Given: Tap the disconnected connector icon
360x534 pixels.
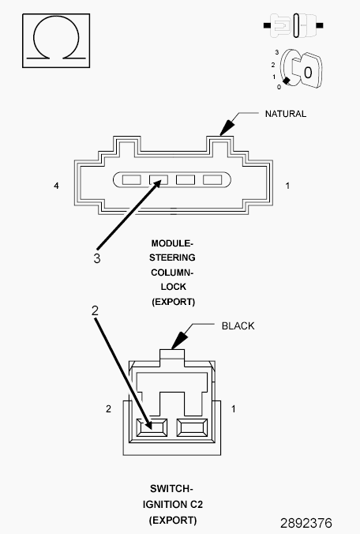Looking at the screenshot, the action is pos(294,25).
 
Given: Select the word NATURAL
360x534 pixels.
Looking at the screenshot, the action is pos(286,114).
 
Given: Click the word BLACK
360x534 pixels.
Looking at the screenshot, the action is pos(238,326).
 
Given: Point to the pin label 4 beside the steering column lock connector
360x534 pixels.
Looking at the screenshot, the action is pos(57,186).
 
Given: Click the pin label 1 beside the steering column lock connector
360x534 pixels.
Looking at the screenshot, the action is pos(287,186).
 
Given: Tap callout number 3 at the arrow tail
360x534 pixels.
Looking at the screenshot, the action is pos(97,258).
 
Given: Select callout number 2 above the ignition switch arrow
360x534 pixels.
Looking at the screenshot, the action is pos(95,310).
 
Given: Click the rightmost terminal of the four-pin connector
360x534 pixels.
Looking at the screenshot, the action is pos(212,179).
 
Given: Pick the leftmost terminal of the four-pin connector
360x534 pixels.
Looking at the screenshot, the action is pos(131,179).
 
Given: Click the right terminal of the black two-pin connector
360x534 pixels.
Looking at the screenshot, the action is pos(192,427).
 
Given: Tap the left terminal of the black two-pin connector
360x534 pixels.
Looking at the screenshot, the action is pos(152,427).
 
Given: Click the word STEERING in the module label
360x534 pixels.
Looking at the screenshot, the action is pos(172,258).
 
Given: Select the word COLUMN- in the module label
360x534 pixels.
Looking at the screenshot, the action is pos(172,273).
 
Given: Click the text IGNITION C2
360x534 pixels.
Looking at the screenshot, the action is pos(173,504).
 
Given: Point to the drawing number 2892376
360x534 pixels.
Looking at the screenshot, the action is pos(306,523).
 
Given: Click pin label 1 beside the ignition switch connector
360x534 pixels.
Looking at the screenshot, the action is pos(234,408).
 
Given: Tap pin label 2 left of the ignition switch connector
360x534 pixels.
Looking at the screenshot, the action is pos(108,408).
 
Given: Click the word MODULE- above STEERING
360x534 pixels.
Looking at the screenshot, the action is pos(172,243).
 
